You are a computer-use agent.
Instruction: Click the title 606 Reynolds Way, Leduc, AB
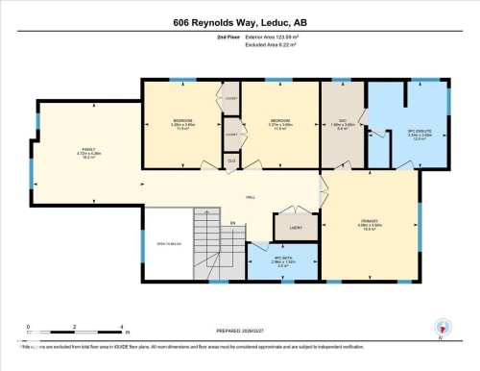(x=240, y=22)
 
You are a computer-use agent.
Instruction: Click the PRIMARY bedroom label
(x=369, y=226)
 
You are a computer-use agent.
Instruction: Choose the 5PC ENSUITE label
(x=417, y=132)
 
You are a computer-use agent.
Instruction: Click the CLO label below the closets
(x=232, y=161)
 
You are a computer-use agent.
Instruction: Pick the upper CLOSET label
(x=231, y=99)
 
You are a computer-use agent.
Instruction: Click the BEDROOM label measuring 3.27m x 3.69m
(x=280, y=122)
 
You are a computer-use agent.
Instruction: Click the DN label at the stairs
(x=231, y=225)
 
